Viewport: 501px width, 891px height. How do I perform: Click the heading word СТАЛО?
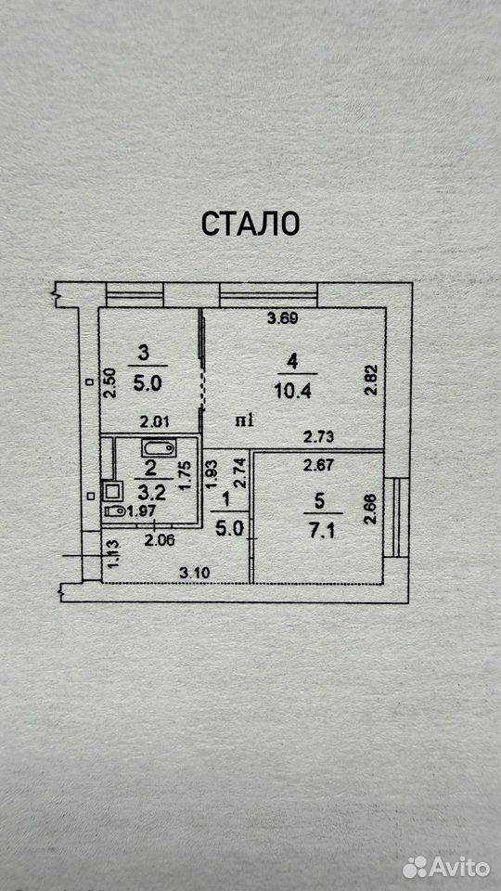coord(250,224)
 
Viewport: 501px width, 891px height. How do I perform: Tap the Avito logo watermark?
coord(446,867)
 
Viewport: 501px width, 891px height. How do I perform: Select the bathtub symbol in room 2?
coord(159,449)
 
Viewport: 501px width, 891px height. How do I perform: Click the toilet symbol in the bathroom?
coord(115,510)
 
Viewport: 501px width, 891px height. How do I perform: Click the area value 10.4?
coord(294,392)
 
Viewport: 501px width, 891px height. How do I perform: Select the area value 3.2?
coord(150,491)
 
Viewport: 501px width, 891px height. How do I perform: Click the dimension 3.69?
coord(283,318)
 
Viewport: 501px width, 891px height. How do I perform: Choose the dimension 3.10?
coord(195,573)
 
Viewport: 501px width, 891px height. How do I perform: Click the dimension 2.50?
coord(110,382)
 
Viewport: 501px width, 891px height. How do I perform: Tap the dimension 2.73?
coord(318,437)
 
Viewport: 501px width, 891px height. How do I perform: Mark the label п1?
coord(247,421)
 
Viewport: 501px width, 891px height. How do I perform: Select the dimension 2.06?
coord(160,540)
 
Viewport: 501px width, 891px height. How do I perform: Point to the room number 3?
coord(144,354)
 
